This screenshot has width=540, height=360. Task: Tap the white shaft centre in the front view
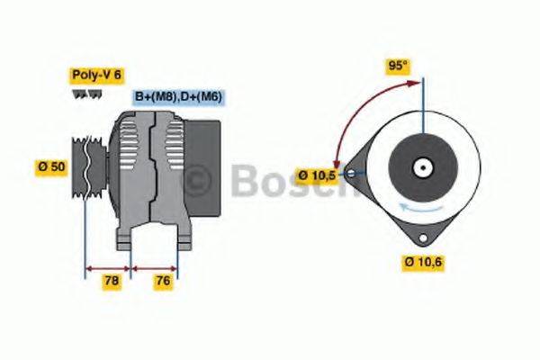click(x=419, y=167)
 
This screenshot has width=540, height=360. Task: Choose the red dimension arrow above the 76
click(x=154, y=267)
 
